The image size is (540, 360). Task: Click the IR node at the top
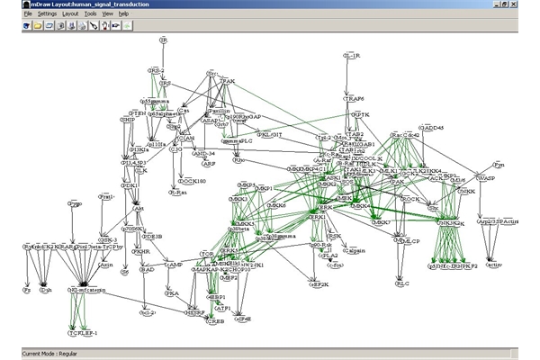[163, 41]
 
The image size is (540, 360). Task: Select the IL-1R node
[353, 57]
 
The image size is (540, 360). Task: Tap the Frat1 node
[106, 196]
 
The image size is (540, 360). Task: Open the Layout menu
[70, 14]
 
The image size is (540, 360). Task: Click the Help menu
[123, 14]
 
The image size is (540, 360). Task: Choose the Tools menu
[90, 14]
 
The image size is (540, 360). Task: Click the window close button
[532, 4]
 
